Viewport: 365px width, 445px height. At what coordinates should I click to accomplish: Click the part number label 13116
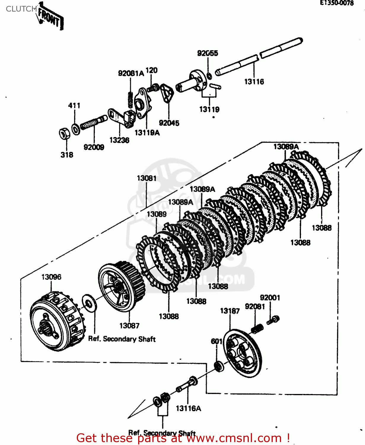(254, 82)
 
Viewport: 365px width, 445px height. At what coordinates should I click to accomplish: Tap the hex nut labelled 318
(64, 133)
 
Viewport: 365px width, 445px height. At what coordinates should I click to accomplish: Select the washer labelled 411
(76, 129)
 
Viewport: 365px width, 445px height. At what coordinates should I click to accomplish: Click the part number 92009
(94, 147)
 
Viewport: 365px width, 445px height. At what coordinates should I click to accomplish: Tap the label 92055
(208, 53)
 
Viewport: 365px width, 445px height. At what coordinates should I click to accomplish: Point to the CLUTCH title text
(21, 9)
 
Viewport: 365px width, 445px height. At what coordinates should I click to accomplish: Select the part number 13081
(146, 178)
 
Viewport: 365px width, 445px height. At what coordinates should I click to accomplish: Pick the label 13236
(119, 140)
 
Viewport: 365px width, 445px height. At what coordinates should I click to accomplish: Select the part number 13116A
(188, 409)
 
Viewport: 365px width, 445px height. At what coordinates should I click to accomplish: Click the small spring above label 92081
(257, 328)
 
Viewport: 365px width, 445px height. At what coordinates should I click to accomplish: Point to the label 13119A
(147, 133)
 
